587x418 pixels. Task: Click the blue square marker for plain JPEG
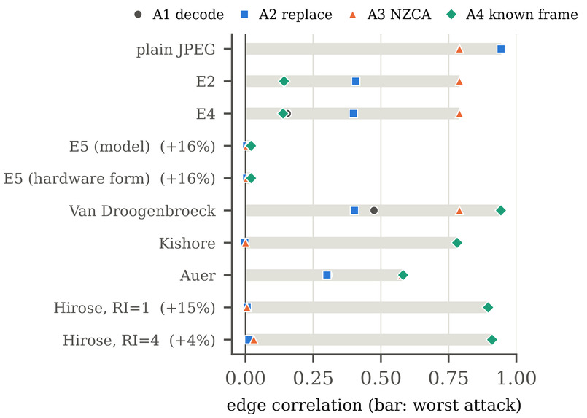[501, 49]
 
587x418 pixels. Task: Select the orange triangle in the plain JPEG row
[459, 49]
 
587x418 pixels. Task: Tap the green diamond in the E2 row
[284, 81]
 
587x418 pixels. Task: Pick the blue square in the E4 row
[354, 114]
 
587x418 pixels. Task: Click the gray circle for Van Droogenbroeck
[373, 211]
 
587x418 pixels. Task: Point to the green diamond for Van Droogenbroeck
[501, 211]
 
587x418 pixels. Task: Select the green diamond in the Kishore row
[457, 243]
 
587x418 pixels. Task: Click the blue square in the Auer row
[327, 275]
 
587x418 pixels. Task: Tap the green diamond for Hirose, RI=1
[488, 308]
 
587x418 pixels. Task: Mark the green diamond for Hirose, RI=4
[492, 340]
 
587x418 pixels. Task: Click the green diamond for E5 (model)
[251, 146]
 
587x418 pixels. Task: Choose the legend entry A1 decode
[179, 15]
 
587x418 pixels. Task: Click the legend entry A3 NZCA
[389, 15]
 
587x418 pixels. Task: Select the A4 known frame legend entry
[513, 15]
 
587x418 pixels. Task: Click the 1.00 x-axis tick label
[516, 378]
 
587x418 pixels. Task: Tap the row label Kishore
[187, 244]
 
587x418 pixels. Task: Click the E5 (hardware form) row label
[109, 179]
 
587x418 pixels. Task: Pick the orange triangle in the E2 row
[459, 81]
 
